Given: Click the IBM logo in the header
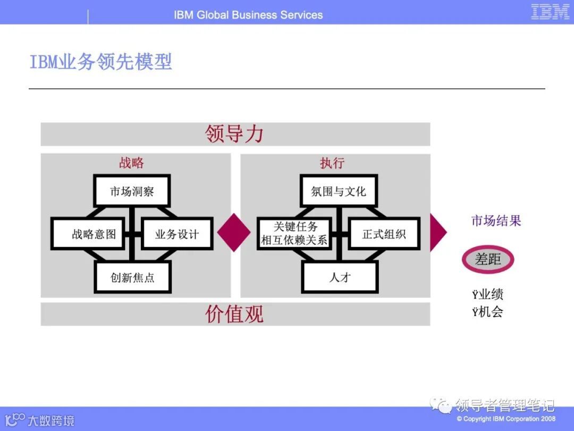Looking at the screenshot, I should point(550,12).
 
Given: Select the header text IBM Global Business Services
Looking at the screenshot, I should point(248,15).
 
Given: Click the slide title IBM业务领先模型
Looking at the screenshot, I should point(100,62).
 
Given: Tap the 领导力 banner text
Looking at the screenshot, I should point(234,134).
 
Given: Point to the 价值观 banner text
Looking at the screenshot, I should point(234,314).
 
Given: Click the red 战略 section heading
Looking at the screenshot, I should point(131,163).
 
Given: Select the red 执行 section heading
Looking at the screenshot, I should point(332,163).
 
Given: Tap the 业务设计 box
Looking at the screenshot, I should point(176,234).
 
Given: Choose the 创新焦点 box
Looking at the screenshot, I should point(132,277).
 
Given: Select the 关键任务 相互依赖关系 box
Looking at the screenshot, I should point(294,234).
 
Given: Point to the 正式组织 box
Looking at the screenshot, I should point(384,234).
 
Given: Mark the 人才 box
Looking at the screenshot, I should point(340,277).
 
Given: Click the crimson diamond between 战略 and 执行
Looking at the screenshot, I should point(234,233).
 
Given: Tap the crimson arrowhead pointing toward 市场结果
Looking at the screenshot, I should point(437,233).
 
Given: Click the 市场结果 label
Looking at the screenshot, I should point(496,220).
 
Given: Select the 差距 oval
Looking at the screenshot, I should point(488,259).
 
